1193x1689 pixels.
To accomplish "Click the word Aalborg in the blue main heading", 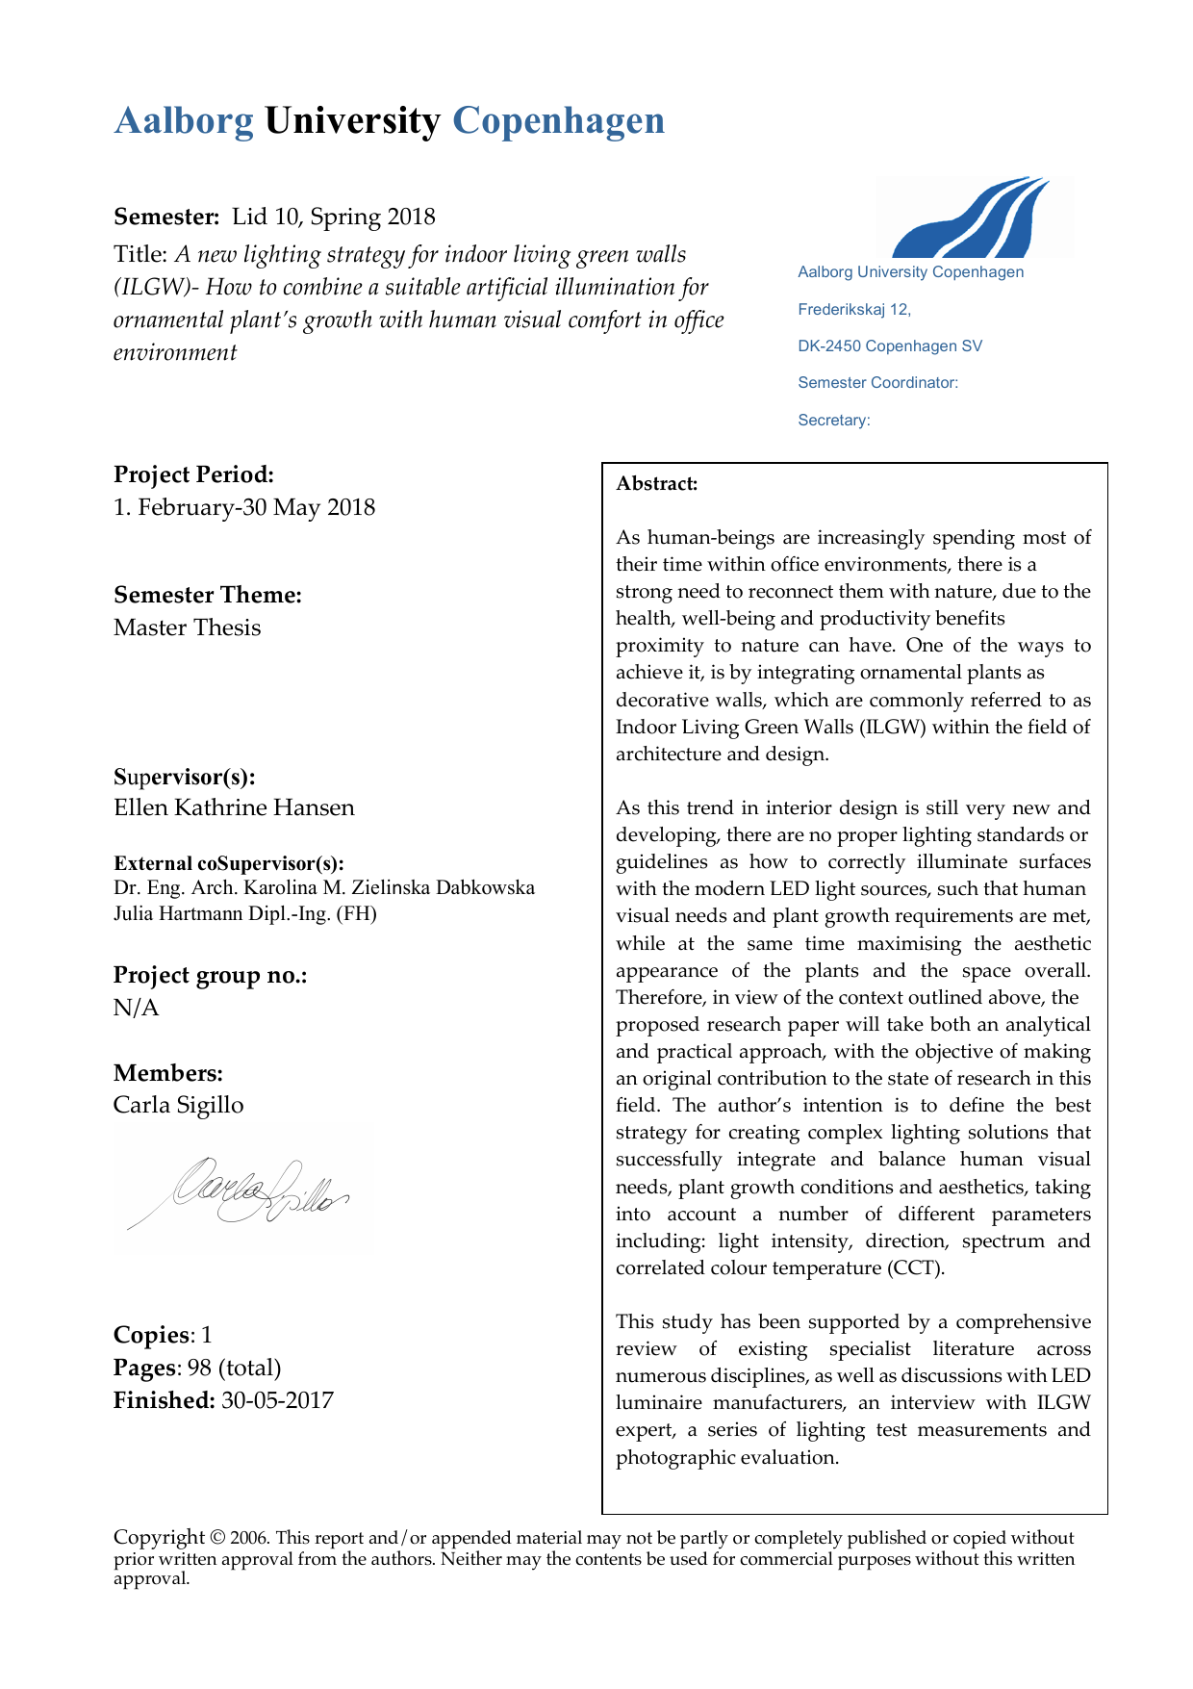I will click(x=184, y=121).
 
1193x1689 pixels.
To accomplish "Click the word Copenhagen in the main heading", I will click(x=558, y=121).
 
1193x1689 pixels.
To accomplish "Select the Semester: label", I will click(x=166, y=217).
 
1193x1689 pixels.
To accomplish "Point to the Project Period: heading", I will click(x=193, y=474).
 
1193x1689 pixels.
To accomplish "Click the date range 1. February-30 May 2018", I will click(x=244, y=507).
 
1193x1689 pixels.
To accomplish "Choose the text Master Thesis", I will click(x=187, y=627).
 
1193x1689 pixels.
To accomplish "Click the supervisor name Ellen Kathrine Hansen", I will click(x=234, y=807).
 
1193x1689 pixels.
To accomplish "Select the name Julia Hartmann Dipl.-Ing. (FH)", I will click(x=245, y=913).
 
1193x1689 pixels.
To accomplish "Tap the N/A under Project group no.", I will click(x=136, y=1008).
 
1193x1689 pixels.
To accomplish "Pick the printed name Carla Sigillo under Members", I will click(x=178, y=1105).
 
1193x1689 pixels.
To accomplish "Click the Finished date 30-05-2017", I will click(x=277, y=1400).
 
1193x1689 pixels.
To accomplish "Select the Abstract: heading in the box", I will click(x=657, y=484).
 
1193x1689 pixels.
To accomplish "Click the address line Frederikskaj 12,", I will click(x=854, y=310).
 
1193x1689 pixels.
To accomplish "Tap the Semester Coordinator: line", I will click(x=877, y=383).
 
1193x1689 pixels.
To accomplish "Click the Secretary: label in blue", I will click(x=834, y=421).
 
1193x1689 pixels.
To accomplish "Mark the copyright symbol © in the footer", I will click(x=217, y=1538).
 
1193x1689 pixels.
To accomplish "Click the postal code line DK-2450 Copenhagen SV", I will click(x=890, y=346).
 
